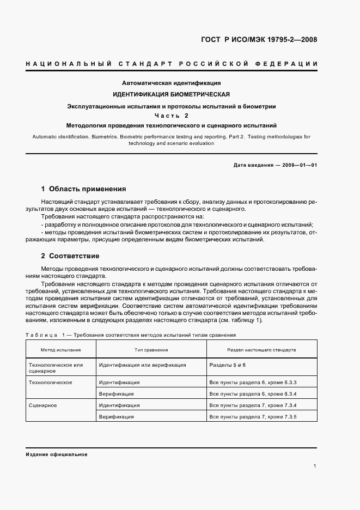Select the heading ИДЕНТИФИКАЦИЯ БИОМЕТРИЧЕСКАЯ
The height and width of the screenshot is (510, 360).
(x=171, y=94)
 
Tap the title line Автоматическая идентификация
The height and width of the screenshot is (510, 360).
(x=171, y=83)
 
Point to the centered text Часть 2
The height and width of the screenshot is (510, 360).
(x=171, y=116)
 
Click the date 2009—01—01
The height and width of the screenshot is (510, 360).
(x=298, y=165)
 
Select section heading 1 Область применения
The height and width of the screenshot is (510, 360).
(x=83, y=189)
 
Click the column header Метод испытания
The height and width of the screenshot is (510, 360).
(x=61, y=350)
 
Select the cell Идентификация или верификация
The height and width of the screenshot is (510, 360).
(x=143, y=365)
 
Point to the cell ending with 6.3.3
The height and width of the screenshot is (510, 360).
(x=253, y=382)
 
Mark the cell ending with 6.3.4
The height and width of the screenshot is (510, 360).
(x=253, y=394)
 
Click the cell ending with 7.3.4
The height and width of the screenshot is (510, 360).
(x=253, y=405)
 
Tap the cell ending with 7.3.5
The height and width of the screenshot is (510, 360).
(x=253, y=417)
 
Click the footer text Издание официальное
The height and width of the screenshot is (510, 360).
(x=56, y=454)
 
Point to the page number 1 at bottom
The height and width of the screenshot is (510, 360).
(x=315, y=466)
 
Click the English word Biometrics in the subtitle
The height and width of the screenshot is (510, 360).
(x=104, y=137)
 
